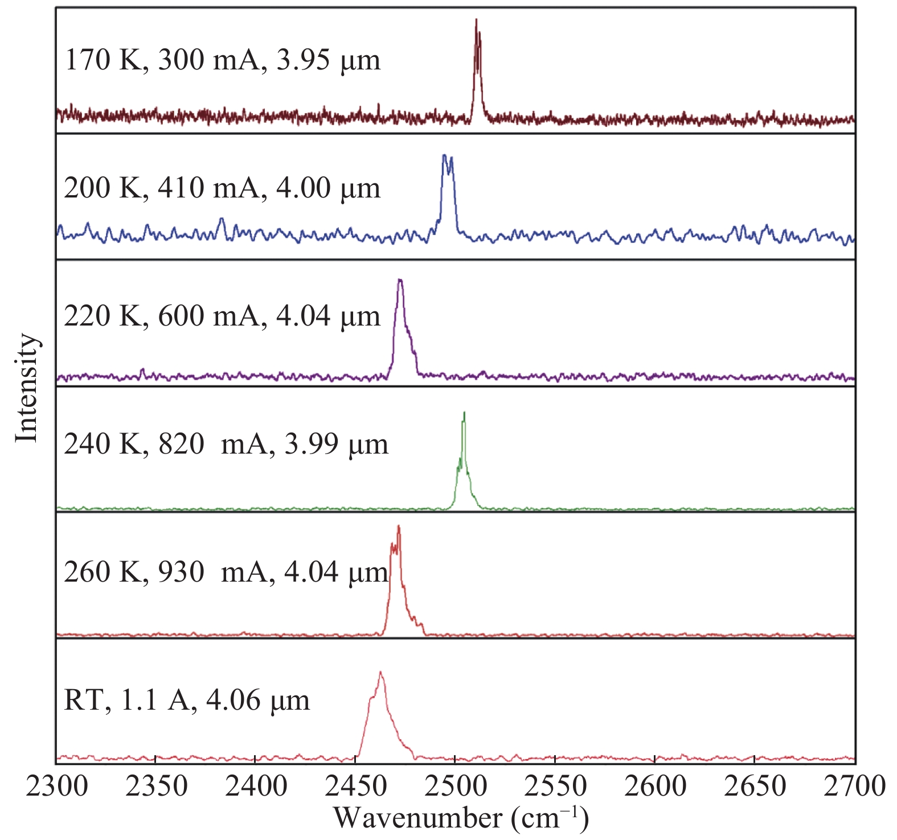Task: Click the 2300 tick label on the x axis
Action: [57, 787]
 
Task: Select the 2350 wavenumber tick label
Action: [155, 787]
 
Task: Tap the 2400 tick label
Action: [255, 787]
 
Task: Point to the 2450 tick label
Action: [355, 787]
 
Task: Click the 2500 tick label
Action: [455, 787]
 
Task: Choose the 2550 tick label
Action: [555, 787]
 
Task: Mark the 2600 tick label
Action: [654, 787]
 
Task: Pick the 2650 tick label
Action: [754, 787]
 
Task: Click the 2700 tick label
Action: [854, 787]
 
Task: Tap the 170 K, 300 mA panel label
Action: [222, 60]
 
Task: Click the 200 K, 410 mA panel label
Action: [222, 188]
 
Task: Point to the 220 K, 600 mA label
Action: [222, 316]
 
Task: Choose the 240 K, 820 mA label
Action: [226, 444]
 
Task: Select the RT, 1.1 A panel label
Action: [187, 700]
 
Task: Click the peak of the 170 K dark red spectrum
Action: [476, 20]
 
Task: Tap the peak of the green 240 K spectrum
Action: [464, 413]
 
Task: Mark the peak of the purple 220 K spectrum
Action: [400, 280]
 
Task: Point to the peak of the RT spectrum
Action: [380, 673]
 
